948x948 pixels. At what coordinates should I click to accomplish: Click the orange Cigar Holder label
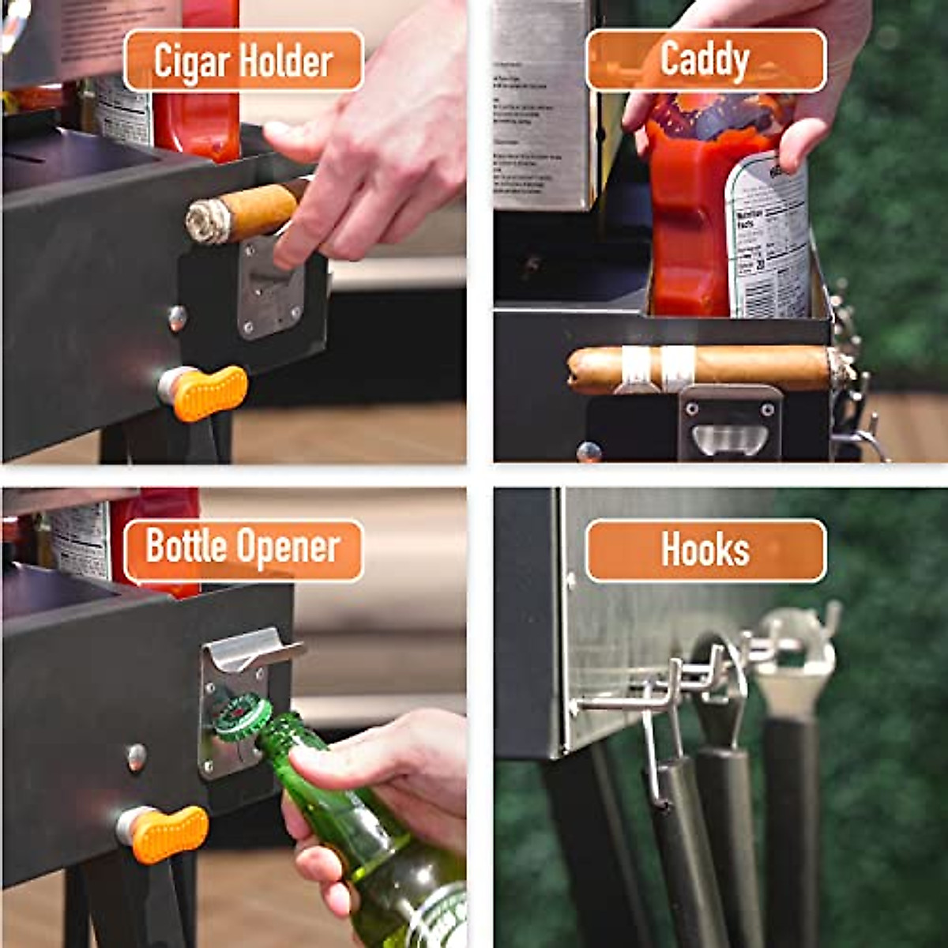[243, 62]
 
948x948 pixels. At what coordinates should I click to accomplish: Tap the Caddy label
[705, 61]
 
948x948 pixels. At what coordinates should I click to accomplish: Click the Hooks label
[705, 550]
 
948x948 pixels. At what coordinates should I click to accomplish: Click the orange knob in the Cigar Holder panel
[209, 393]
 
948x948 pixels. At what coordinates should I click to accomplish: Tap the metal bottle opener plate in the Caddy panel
[728, 423]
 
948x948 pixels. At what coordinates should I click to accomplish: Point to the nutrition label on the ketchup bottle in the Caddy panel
[766, 237]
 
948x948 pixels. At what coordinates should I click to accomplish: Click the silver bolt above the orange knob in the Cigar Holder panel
[179, 318]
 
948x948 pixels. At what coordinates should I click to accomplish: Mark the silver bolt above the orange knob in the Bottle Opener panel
[137, 756]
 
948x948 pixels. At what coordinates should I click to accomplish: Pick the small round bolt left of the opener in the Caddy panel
[589, 452]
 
